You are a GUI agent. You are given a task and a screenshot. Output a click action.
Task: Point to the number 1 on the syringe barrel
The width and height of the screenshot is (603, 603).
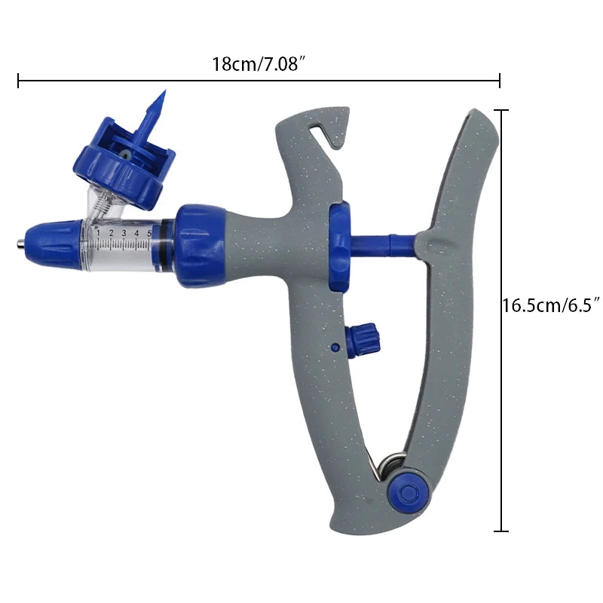click(x=99, y=233)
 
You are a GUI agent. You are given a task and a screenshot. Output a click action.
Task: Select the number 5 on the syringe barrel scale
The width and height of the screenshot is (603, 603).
click(x=149, y=233)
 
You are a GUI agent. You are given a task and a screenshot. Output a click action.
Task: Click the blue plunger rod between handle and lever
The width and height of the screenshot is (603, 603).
click(x=384, y=243)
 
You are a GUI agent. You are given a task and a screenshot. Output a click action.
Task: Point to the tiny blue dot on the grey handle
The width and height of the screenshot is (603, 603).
click(x=334, y=347)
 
